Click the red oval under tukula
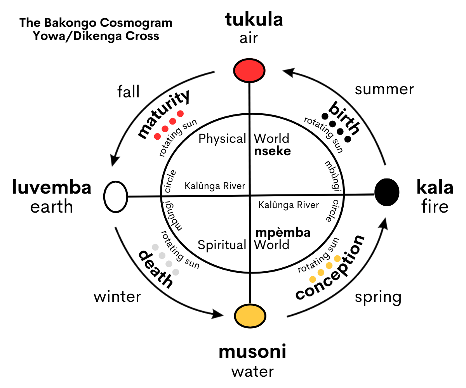click(x=249, y=70)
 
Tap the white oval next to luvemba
click(x=116, y=197)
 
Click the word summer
click(x=384, y=90)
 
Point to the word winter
click(x=117, y=297)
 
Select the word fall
click(x=129, y=92)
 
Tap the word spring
click(x=378, y=297)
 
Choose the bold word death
click(x=156, y=269)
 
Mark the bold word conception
click(x=330, y=268)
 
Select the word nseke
click(x=272, y=151)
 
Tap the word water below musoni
click(x=252, y=371)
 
